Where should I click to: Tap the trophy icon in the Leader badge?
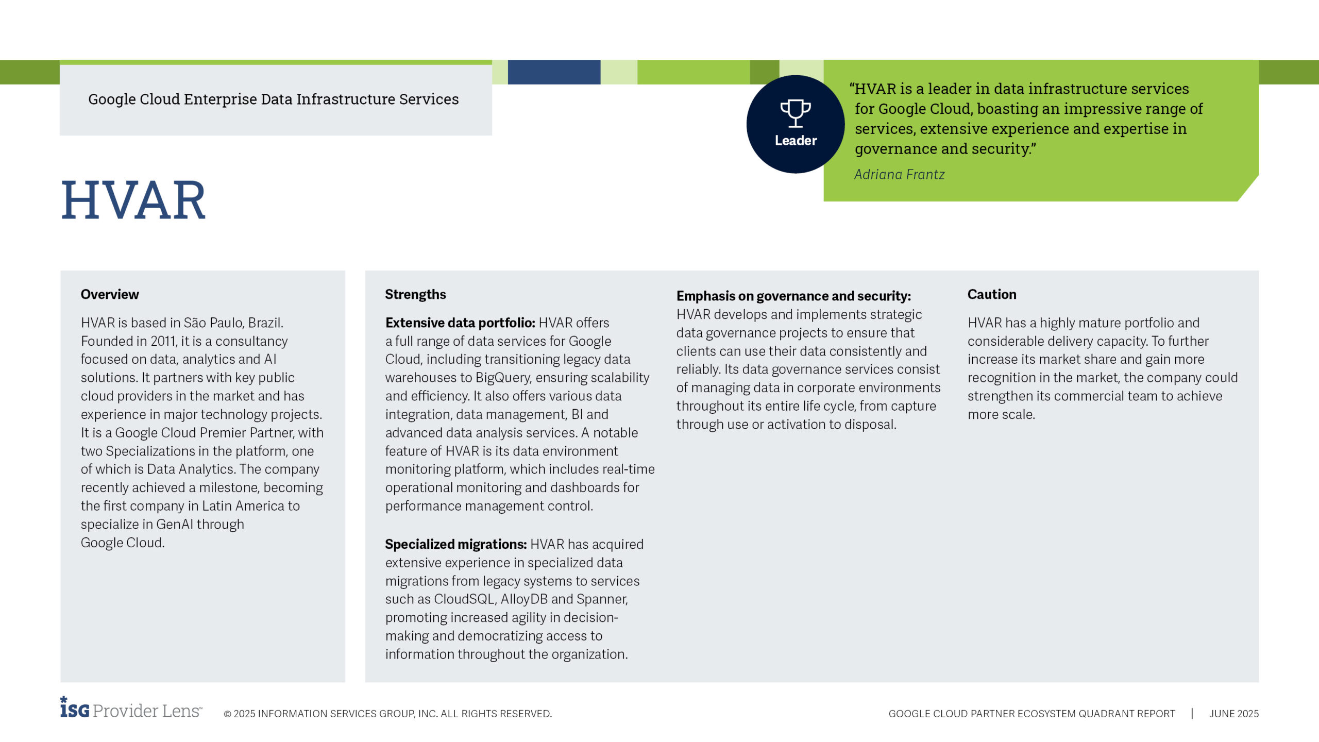(795, 113)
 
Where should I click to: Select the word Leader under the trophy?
(795, 140)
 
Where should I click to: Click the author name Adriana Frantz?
(899, 175)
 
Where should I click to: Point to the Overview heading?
(110, 294)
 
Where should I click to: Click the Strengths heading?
(415, 294)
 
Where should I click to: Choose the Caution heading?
(991, 294)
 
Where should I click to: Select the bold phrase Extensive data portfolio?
(460, 323)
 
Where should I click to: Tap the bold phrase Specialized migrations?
(455, 544)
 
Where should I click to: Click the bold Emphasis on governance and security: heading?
(793, 296)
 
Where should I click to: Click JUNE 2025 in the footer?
(1233, 714)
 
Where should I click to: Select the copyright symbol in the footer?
(227, 714)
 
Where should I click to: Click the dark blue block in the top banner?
(554, 72)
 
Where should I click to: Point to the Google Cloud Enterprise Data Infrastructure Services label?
(273, 99)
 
